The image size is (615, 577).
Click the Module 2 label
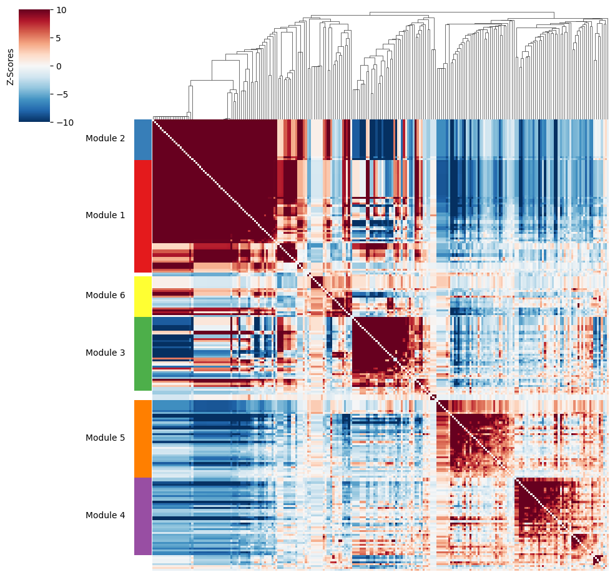coord(105,138)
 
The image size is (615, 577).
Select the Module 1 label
coord(105,215)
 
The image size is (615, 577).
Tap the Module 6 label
coord(105,295)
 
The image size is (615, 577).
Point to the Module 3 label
coord(105,353)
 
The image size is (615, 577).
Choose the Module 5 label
coord(105,438)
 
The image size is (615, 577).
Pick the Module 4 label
coord(105,515)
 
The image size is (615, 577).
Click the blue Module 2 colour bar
coord(143,139)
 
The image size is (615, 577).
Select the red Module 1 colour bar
coord(143,216)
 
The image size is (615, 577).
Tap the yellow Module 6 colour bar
coord(143,296)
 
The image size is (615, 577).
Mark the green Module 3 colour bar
coord(143,354)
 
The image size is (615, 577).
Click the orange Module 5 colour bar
coord(143,439)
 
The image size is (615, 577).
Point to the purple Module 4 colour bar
coord(143,516)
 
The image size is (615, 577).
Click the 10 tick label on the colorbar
coord(61,10)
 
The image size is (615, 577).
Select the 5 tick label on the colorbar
coord(59,38)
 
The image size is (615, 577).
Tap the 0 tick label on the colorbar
coord(59,66)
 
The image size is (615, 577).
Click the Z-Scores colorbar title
coord(10,67)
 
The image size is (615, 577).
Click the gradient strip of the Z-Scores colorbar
coord(34,66)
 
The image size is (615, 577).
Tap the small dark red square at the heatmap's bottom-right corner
coord(598,559)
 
